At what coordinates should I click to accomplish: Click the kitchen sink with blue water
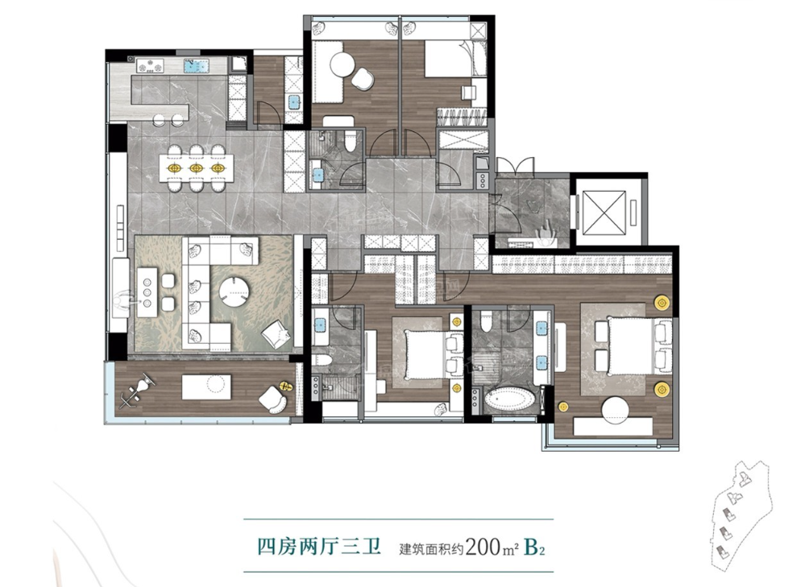[197, 65]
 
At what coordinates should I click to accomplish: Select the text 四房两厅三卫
[319, 548]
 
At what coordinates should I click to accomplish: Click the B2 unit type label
[535, 548]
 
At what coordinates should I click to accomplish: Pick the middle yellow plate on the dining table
[196, 167]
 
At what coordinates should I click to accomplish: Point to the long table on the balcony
[206, 387]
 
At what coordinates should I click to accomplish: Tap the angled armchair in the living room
[275, 333]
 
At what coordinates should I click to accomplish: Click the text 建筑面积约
[432, 549]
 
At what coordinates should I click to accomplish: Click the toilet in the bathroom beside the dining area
[350, 140]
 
